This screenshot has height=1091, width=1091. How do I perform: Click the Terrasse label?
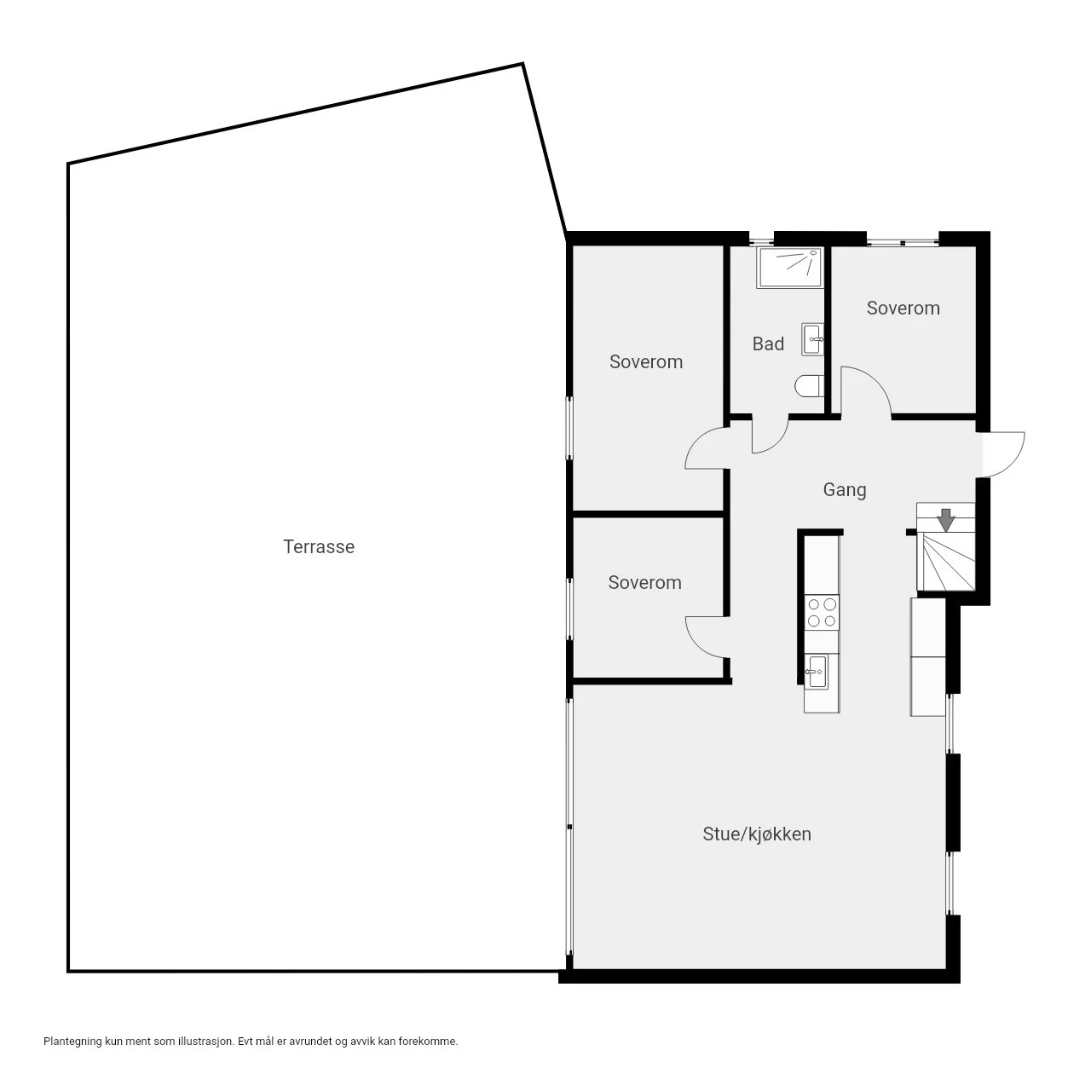tap(319, 547)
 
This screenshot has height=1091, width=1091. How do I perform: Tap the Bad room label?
tap(768, 343)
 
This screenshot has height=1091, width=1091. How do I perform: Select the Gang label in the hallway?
tap(844, 490)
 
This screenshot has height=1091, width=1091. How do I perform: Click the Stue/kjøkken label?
tap(756, 834)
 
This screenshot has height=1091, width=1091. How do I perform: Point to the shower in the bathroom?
tap(790, 268)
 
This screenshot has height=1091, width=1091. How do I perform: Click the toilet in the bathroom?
tap(809, 386)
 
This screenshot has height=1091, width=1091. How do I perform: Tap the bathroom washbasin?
tap(812, 340)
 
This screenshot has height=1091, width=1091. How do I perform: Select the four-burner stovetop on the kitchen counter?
tap(822, 612)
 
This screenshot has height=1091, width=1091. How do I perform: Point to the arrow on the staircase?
tap(945, 520)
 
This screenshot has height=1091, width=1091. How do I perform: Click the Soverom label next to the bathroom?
tap(903, 308)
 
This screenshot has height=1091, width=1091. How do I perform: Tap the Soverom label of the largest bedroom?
tap(646, 361)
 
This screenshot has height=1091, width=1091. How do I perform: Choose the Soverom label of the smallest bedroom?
tap(645, 583)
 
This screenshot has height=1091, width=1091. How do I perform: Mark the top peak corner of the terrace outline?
tap(522, 64)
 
